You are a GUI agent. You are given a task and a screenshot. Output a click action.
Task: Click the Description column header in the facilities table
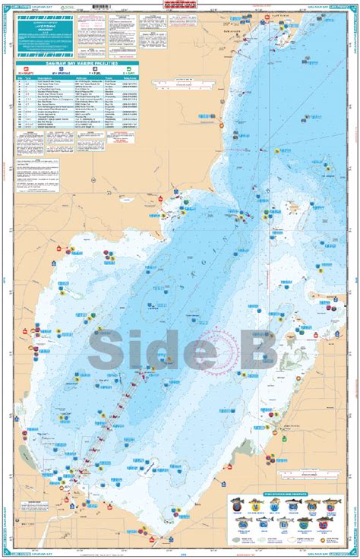pyautogui.click(x=49, y=77)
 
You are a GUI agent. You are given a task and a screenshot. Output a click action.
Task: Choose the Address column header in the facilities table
pyautogui.click(x=83, y=77)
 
